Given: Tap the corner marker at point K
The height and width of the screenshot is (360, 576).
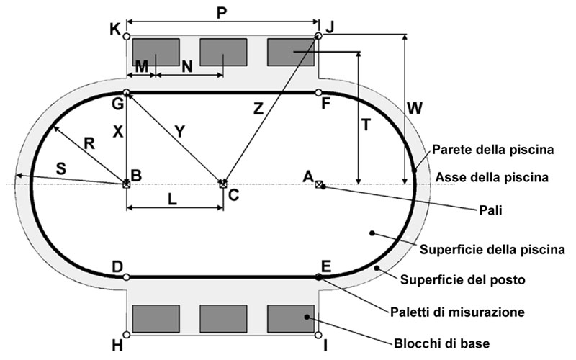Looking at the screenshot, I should [127, 36].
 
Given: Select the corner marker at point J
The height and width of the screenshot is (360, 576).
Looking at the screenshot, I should [318, 35].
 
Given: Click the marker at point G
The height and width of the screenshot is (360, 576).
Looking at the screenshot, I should [127, 92].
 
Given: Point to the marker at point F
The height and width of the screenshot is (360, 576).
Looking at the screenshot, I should [318, 92].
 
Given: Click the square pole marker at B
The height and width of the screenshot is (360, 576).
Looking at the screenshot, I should [127, 184].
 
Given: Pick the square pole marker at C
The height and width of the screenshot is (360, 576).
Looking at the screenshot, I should [222, 184].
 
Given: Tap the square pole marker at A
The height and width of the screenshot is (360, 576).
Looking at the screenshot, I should [319, 184].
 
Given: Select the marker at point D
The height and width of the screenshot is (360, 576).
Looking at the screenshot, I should [127, 276].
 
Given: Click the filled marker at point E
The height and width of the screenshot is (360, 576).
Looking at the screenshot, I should [318, 276].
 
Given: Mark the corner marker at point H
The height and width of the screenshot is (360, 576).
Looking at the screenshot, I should [127, 335].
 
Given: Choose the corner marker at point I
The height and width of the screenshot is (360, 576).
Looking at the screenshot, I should [318, 335].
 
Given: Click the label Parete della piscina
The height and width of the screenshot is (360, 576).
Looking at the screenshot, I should [492, 151].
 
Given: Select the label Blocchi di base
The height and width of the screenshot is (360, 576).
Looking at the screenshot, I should [436, 342].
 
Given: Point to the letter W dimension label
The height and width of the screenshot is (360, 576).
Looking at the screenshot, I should [415, 108].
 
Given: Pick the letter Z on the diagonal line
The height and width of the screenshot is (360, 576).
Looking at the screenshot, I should [258, 109].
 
